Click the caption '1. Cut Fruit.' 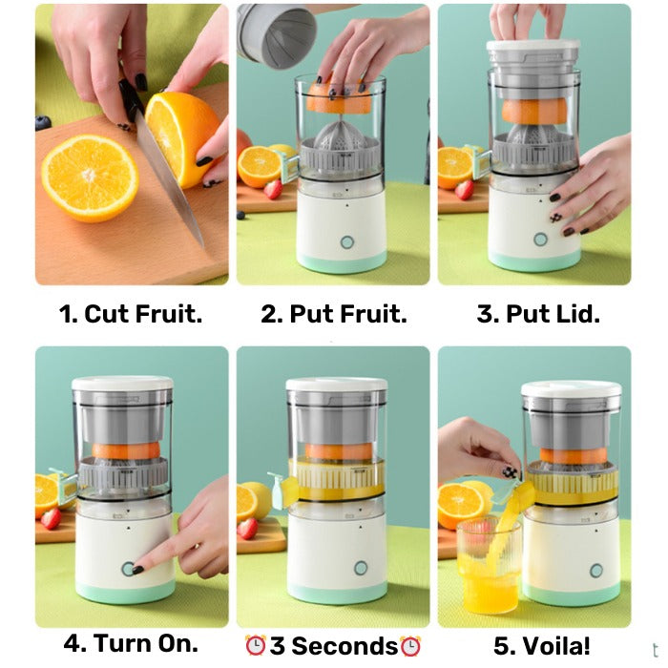click(x=131, y=314)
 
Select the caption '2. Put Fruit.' click(x=334, y=314)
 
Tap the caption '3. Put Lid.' click(x=538, y=314)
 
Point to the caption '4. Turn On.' click(x=131, y=643)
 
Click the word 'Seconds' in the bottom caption click(x=345, y=646)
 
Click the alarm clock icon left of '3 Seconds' click(x=255, y=646)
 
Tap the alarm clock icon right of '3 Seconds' click(x=410, y=646)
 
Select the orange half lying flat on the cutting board click(x=90, y=177)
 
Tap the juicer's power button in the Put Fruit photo click(x=347, y=242)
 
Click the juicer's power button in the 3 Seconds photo click(x=361, y=568)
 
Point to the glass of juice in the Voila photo click(x=488, y=567)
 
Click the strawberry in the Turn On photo click(x=51, y=518)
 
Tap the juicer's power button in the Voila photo click(x=595, y=570)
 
